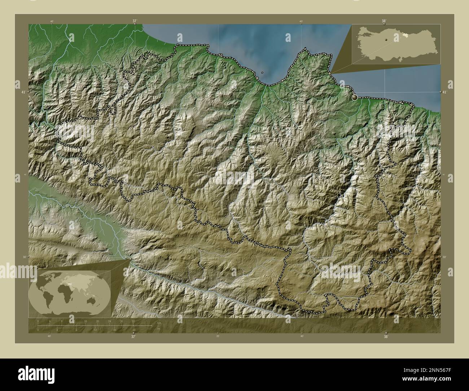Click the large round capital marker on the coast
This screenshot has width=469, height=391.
coord(355,97)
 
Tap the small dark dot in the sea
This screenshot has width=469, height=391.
coord(262,73)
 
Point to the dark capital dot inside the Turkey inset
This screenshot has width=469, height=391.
coord(386,40)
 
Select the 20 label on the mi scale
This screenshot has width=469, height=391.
coord(134,330)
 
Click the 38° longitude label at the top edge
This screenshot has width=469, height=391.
coord(383,21)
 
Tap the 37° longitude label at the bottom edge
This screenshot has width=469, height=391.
coord(133,337)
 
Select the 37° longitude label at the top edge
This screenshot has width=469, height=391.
coord(135,21)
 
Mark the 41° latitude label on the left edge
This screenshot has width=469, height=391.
coord(23,92)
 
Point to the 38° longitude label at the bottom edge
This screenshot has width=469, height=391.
coord(386,337)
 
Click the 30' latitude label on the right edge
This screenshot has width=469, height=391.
coord(444,257)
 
